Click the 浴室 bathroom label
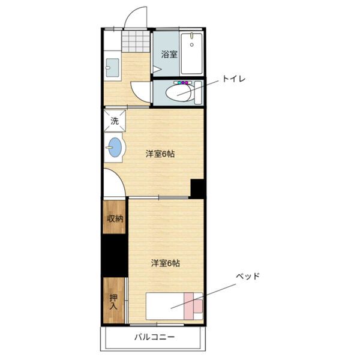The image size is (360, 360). (x=169, y=55)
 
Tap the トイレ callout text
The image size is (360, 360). (x=234, y=79)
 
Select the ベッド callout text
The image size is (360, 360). (x=247, y=276)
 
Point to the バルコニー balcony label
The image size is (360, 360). (x=154, y=337)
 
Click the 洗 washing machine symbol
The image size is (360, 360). (x=115, y=121)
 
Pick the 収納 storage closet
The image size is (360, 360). (x=115, y=217)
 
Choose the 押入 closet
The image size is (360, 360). (x=114, y=301)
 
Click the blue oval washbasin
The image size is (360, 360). (x=115, y=147)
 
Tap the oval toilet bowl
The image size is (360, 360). (x=178, y=93)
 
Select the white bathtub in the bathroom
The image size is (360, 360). (x=192, y=54)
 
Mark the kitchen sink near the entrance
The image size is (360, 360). (x=113, y=68)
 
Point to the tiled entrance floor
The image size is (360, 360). (x=136, y=41)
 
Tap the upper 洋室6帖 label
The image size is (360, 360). (x=160, y=154)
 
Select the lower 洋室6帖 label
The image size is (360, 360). (x=166, y=263)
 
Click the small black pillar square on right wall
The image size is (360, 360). (x=197, y=188)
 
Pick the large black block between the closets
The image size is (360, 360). (x=115, y=256)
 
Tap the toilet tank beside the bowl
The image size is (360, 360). (x=198, y=93)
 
